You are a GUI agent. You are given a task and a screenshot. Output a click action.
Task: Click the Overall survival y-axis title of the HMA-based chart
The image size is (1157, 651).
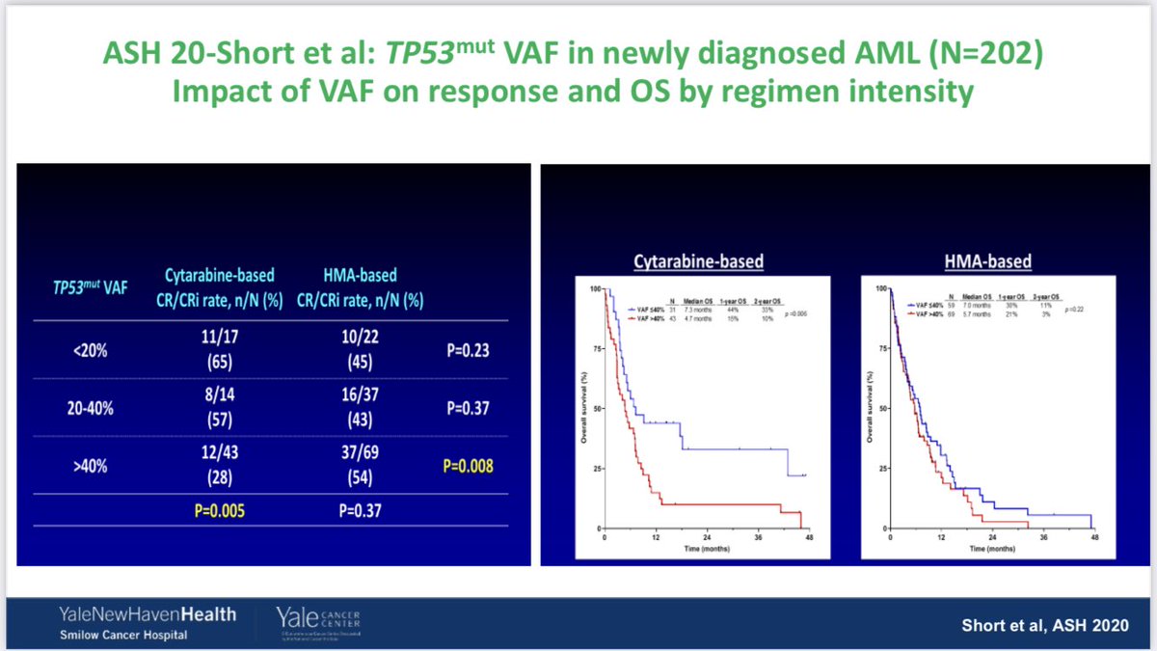click(x=872, y=410)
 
